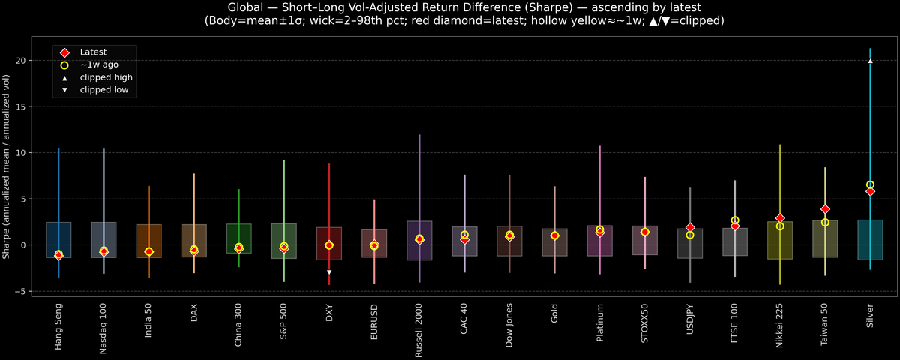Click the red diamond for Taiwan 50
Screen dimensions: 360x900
(x=825, y=209)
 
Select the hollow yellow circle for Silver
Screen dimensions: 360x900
(x=870, y=184)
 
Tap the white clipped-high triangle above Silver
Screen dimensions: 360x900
(x=870, y=61)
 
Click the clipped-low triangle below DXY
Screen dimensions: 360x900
(x=329, y=272)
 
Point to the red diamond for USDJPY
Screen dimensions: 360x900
(x=690, y=227)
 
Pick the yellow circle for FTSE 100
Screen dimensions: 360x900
(x=735, y=220)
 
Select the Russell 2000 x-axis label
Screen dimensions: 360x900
(x=419, y=330)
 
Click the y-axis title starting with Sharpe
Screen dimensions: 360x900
(x=7, y=166)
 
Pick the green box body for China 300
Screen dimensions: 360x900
(x=239, y=238)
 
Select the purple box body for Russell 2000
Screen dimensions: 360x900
(x=419, y=240)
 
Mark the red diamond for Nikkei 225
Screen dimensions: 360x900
(x=780, y=218)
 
